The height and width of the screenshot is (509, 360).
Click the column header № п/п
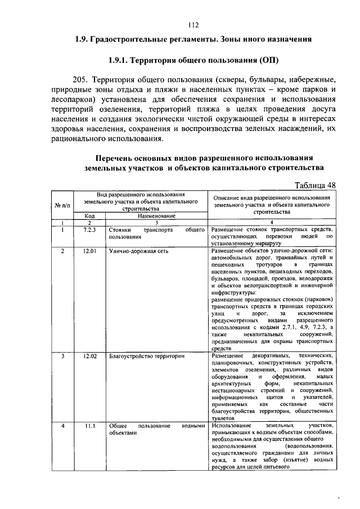pyautogui.click(x=62, y=205)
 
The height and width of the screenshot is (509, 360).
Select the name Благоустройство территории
pyautogui.click(x=138, y=356)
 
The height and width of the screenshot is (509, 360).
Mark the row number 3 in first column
pyautogui.click(x=63, y=356)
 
